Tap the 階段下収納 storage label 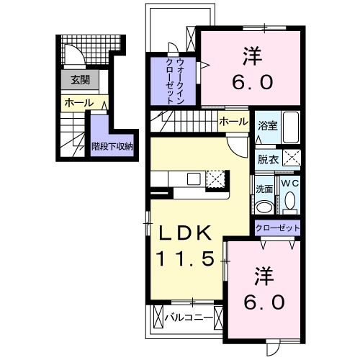[112, 145]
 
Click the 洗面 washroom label [264, 188]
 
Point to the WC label [289, 184]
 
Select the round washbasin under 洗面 [264, 206]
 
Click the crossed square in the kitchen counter [215, 179]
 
